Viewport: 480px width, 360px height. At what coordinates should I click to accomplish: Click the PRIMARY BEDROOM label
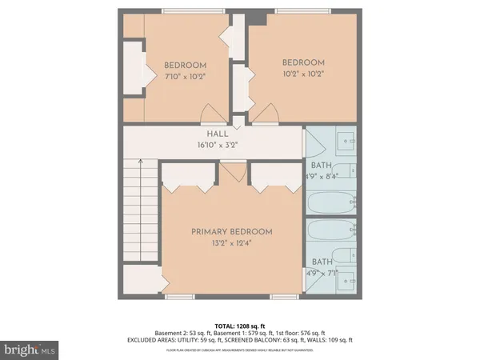(x=231, y=232)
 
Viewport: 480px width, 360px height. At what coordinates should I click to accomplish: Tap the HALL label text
(x=218, y=134)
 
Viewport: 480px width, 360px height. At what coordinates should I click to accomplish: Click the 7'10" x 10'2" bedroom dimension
(x=186, y=78)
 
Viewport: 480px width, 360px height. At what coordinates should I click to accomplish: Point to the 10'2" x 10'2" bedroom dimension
(x=303, y=74)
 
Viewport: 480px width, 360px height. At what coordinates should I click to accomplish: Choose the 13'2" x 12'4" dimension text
(x=231, y=243)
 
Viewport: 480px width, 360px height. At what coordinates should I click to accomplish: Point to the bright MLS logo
(x=30, y=350)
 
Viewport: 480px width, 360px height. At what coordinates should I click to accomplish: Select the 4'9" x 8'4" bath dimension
(x=322, y=178)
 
